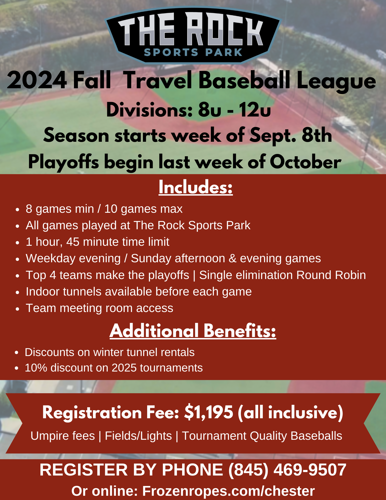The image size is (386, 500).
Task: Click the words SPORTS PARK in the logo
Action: click(x=193, y=52)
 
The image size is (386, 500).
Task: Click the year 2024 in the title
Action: click(x=37, y=80)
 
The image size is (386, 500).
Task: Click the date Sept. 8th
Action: click(x=291, y=135)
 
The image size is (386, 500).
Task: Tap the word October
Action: click(x=306, y=162)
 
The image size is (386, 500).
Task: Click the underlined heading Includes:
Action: click(x=196, y=187)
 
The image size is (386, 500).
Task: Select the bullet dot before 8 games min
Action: click(x=17, y=209)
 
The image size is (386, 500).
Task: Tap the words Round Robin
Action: click(x=331, y=275)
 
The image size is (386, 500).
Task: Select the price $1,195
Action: click(x=209, y=412)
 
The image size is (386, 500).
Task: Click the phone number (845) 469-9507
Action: click(x=287, y=469)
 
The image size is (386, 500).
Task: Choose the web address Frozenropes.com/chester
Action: click(x=228, y=491)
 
